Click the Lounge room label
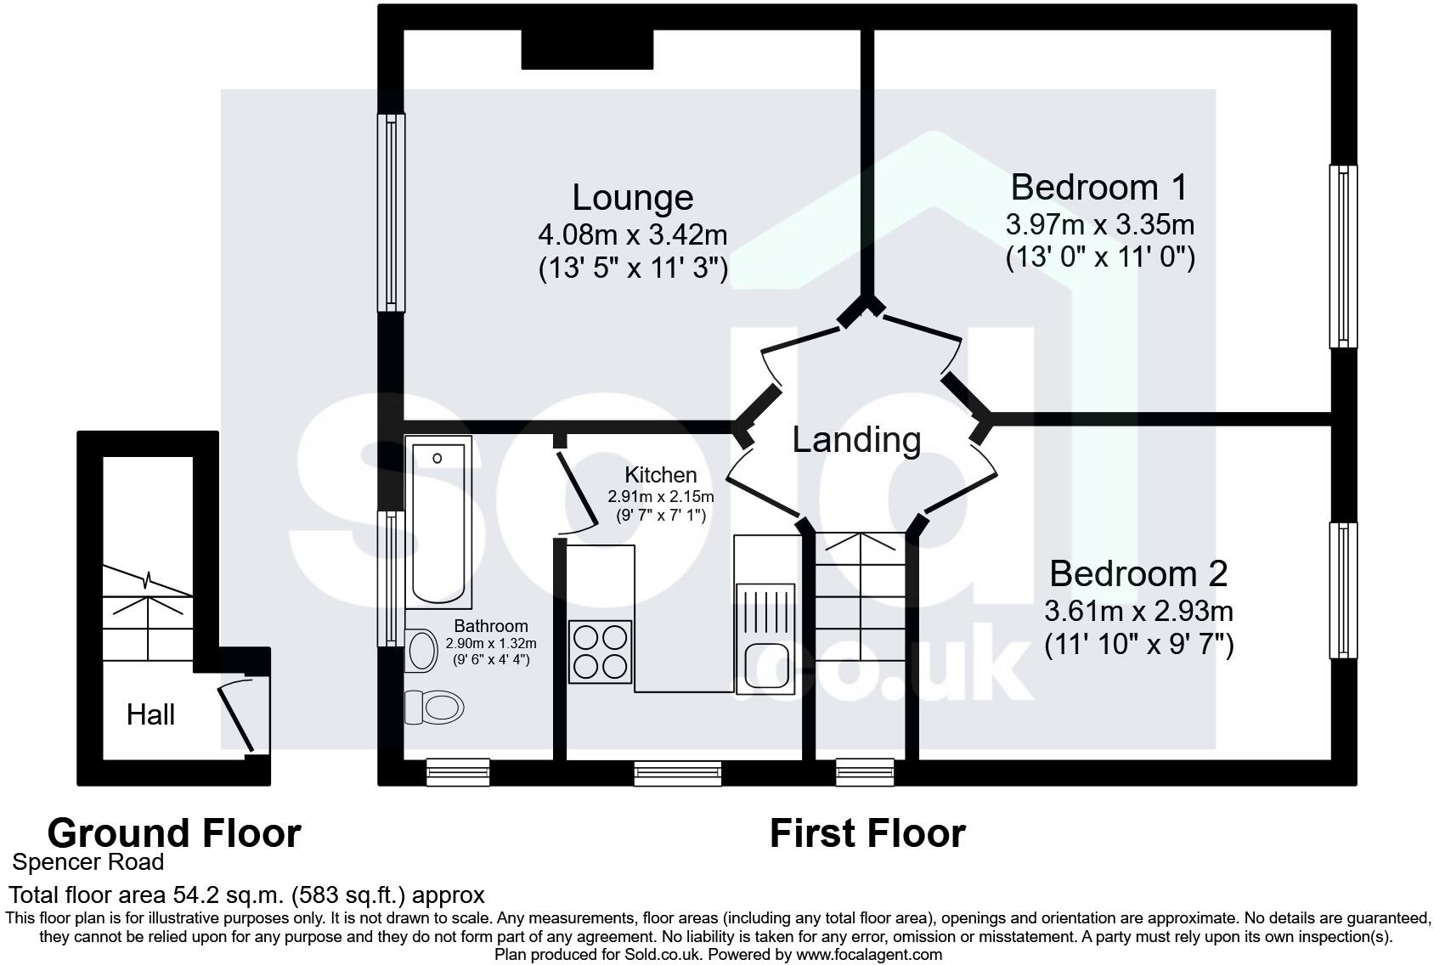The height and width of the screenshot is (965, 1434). tap(632, 197)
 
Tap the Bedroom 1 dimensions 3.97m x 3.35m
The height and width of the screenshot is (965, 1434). tap(1099, 225)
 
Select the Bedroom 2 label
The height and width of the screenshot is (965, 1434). tap(1138, 573)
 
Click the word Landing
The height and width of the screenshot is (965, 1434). tap(856, 439)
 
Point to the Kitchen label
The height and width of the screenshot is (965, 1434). tap(660, 475)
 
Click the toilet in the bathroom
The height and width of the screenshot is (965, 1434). tap(435, 707)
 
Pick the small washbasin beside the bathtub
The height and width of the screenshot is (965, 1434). tap(419, 650)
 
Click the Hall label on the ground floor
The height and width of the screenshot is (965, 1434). tap(150, 714)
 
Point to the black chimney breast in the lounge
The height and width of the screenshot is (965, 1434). tap(586, 49)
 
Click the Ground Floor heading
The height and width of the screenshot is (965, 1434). tap(174, 833)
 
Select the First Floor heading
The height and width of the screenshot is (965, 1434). tap(867, 833)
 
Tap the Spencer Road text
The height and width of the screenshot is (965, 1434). tap(88, 862)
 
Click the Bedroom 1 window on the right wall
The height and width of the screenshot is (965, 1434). tap(1342, 256)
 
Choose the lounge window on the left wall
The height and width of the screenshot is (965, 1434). tap(391, 212)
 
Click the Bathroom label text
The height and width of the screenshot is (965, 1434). tap(490, 627)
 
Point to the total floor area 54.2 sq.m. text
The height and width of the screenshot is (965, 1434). tap(246, 894)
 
